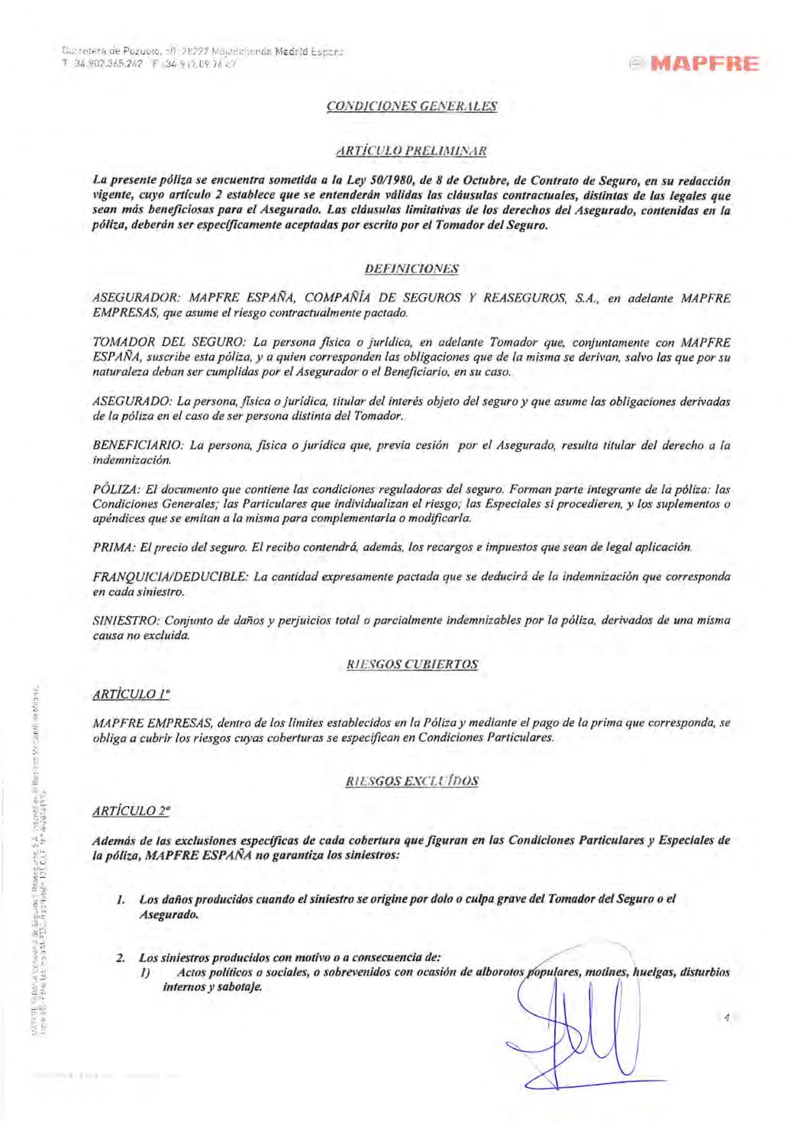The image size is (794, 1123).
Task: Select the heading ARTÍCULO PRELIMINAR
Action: [x=412, y=150]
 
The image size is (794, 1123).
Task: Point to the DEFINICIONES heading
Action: [x=412, y=269]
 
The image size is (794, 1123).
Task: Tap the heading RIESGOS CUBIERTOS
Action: [x=412, y=664]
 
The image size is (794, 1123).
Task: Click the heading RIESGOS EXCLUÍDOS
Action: [x=412, y=781]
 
